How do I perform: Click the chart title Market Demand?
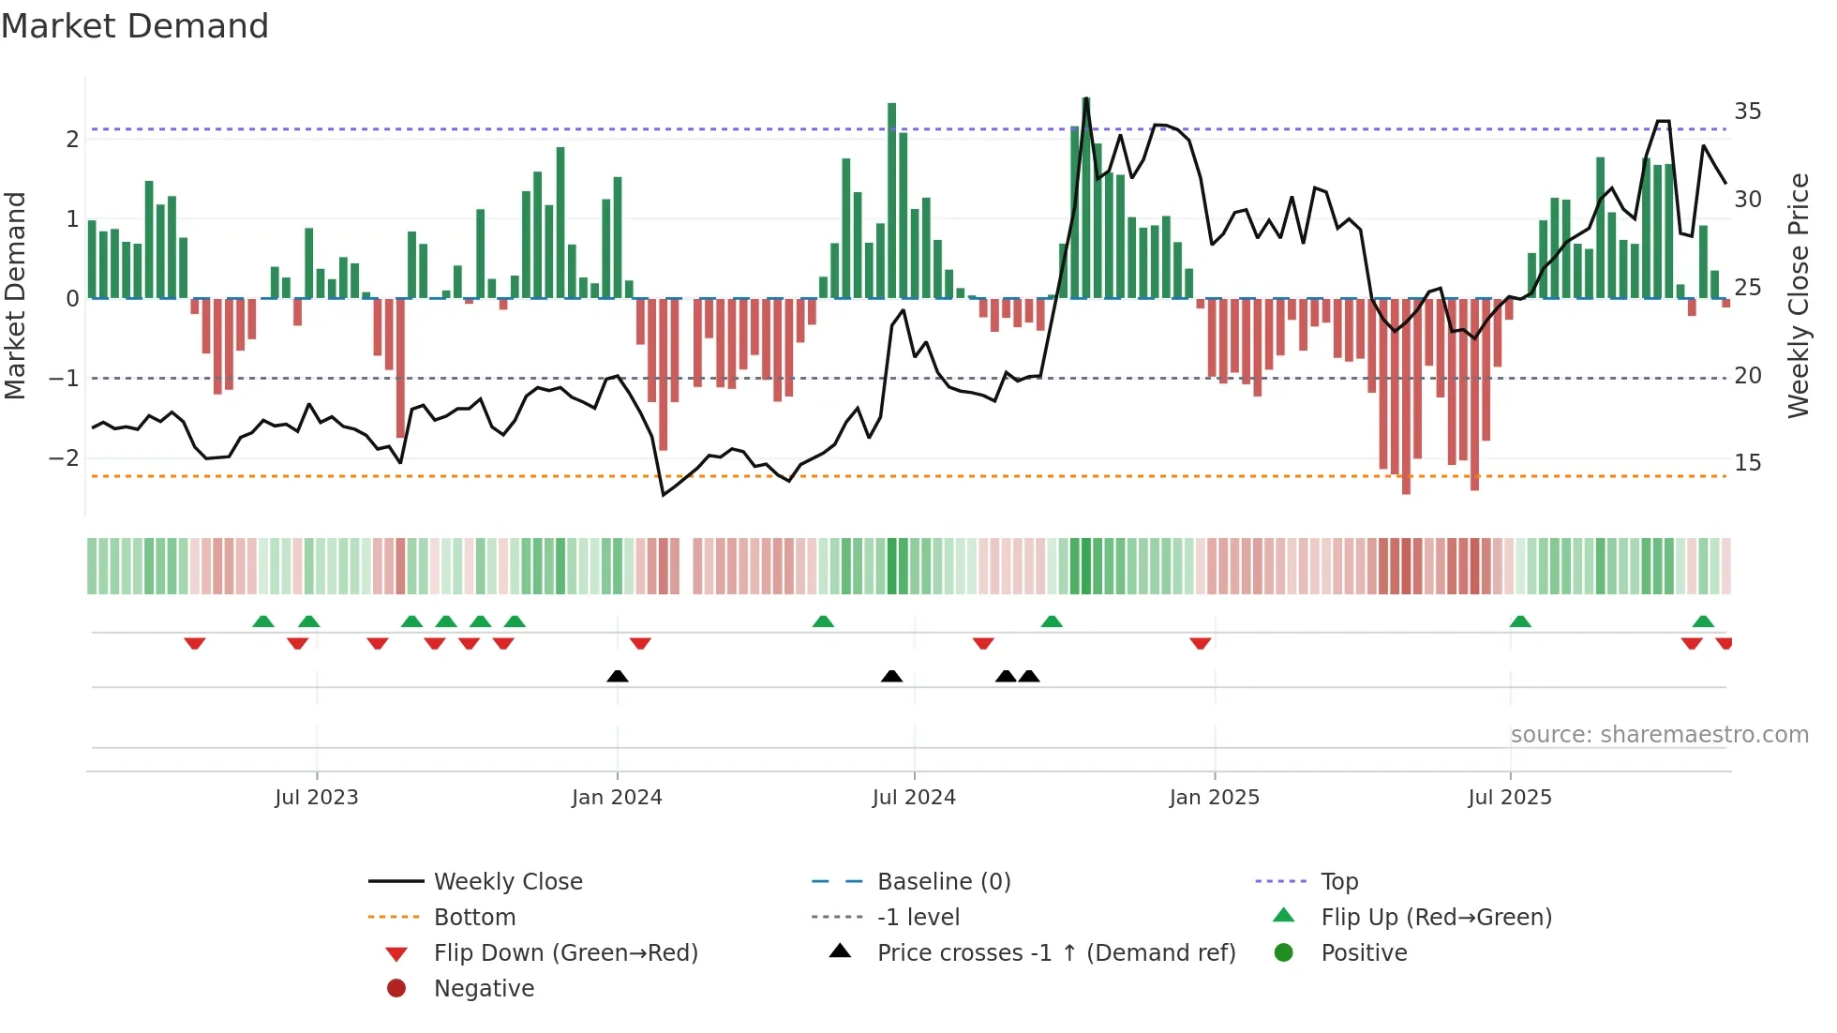135,26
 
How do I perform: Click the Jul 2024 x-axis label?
914,798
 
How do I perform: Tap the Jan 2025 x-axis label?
1214,798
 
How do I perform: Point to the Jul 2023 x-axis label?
317,798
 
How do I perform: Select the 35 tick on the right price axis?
1747,112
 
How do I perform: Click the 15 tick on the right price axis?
1747,463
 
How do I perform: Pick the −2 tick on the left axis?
64,458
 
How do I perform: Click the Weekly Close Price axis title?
1799,295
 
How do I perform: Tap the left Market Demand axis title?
16,295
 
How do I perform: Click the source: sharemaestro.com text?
1659,735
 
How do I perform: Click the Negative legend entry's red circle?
396,989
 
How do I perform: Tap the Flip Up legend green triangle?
1284,916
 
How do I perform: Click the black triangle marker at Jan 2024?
618,676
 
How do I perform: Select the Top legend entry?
1338,882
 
